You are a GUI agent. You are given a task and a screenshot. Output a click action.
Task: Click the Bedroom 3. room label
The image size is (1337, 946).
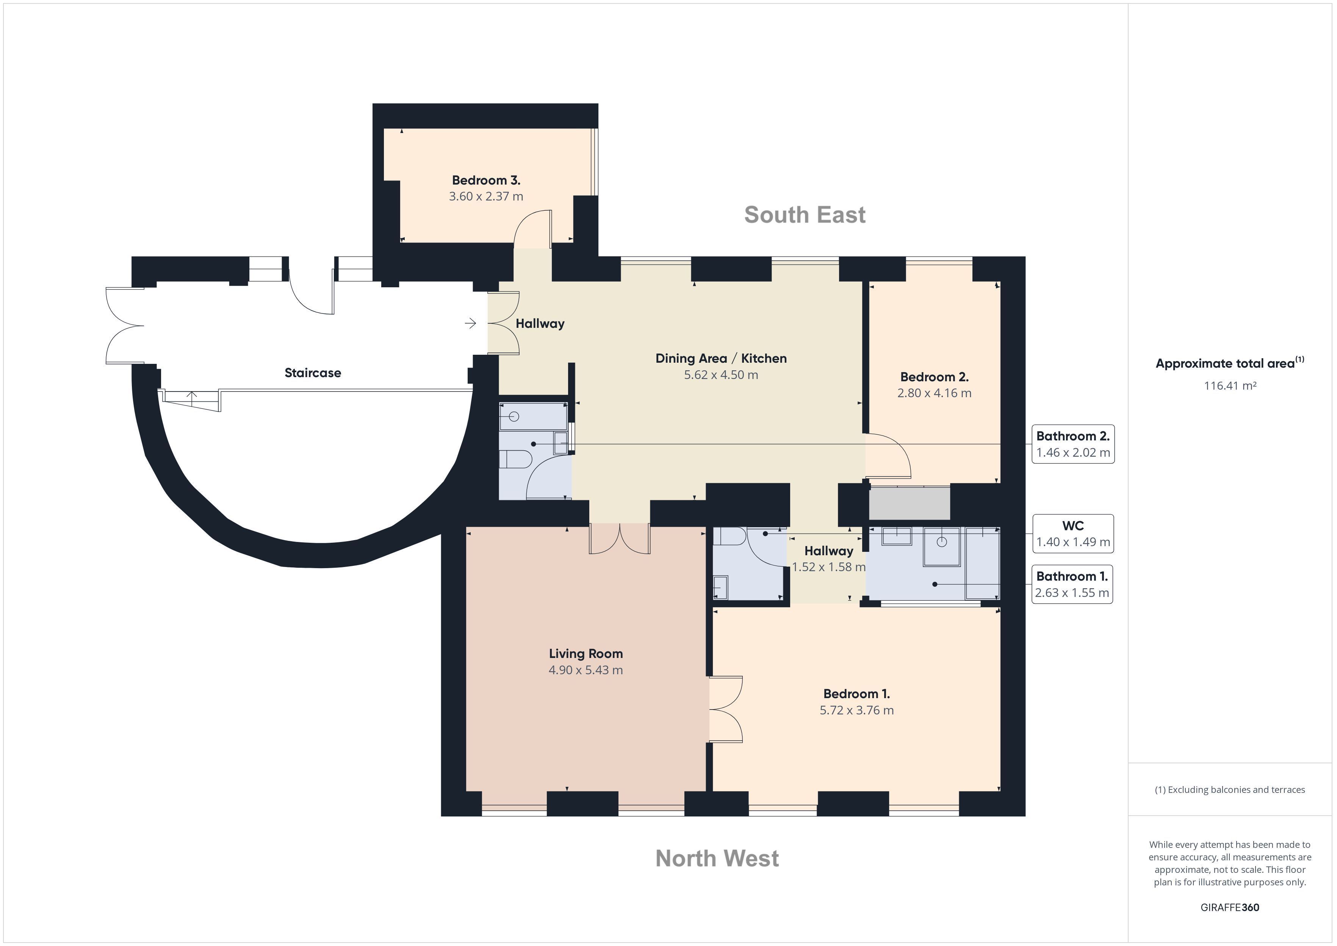486,180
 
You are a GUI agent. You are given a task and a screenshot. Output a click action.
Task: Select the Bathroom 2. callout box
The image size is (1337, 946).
1072,444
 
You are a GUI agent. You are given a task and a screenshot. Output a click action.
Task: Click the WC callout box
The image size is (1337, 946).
1072,534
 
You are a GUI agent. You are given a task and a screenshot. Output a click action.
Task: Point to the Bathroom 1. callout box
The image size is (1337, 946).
1072,584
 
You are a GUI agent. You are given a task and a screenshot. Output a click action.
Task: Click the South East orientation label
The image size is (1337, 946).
805,215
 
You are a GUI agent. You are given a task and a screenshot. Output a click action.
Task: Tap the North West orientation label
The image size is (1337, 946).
717,858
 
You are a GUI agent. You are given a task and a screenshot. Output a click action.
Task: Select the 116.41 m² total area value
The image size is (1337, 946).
1230,385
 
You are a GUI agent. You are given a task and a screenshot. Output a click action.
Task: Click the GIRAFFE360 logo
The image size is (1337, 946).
1230,908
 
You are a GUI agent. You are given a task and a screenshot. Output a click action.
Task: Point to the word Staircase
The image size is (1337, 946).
313,373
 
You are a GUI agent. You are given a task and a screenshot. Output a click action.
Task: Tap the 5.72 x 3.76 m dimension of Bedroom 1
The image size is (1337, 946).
856,711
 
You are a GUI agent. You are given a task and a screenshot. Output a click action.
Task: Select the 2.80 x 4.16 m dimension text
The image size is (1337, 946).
934,393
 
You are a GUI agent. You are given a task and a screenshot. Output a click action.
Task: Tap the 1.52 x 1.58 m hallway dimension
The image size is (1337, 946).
829,567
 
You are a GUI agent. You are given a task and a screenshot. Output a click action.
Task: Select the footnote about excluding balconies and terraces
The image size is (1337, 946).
1230,790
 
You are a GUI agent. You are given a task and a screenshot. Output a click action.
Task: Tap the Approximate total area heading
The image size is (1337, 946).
1230,363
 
